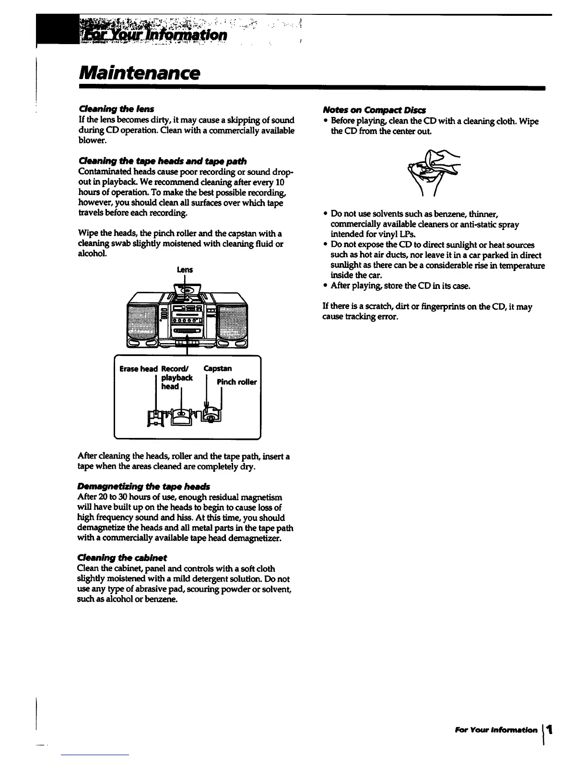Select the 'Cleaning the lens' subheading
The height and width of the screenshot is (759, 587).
click(x=115, y=109)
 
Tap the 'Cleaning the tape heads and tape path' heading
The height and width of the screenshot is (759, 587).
click(x=162, y=161)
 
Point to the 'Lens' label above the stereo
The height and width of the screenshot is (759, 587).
click(x=185, y=270)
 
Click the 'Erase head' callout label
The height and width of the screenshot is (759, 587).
click(x=139, y=368)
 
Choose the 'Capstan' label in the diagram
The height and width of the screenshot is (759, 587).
click(x=217, y=368)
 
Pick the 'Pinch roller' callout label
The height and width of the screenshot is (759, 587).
click(x=236, y=382)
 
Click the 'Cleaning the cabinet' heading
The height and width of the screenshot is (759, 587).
click(x=122, y=558)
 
